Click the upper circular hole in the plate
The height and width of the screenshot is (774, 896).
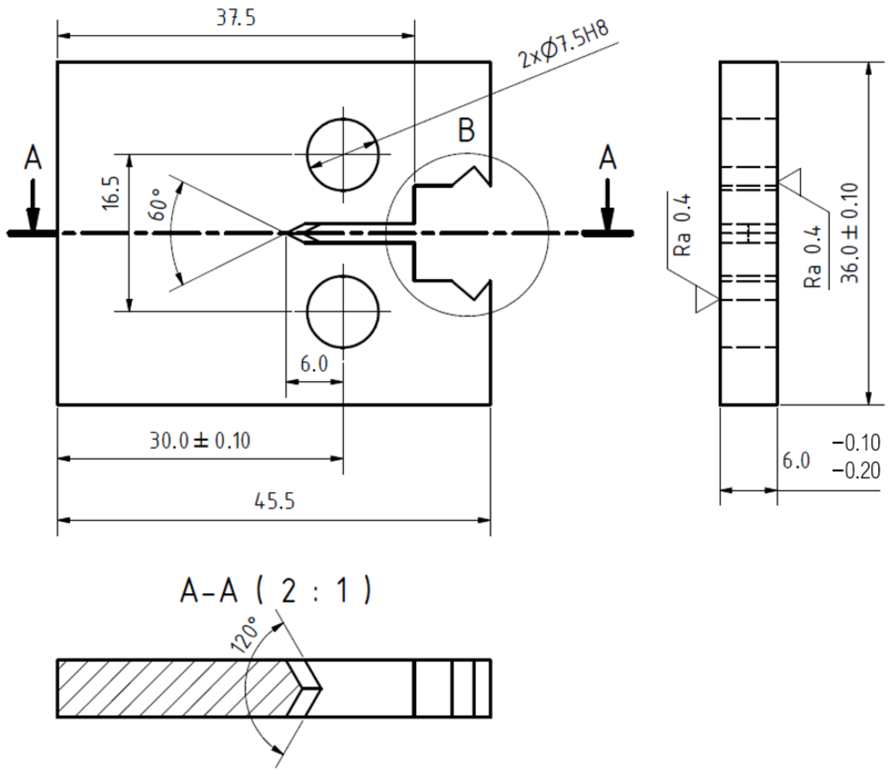click(343, 154)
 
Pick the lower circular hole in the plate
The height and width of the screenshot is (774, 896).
click(343, 311)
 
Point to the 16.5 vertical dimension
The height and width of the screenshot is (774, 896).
click(111, 193)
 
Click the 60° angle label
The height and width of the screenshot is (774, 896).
click(158, 204)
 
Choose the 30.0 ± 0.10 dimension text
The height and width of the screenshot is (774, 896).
click(200, 441)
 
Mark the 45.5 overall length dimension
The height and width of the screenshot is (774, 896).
click(274, 502)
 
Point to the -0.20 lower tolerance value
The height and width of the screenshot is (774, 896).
click(856, 471)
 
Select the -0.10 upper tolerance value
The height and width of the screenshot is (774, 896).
click(856, 443)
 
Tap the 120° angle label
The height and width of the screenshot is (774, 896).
click(244, 635)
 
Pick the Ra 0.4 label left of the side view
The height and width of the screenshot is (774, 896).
click(682, 225)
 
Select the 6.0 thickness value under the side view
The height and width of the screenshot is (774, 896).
click(796, 461)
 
